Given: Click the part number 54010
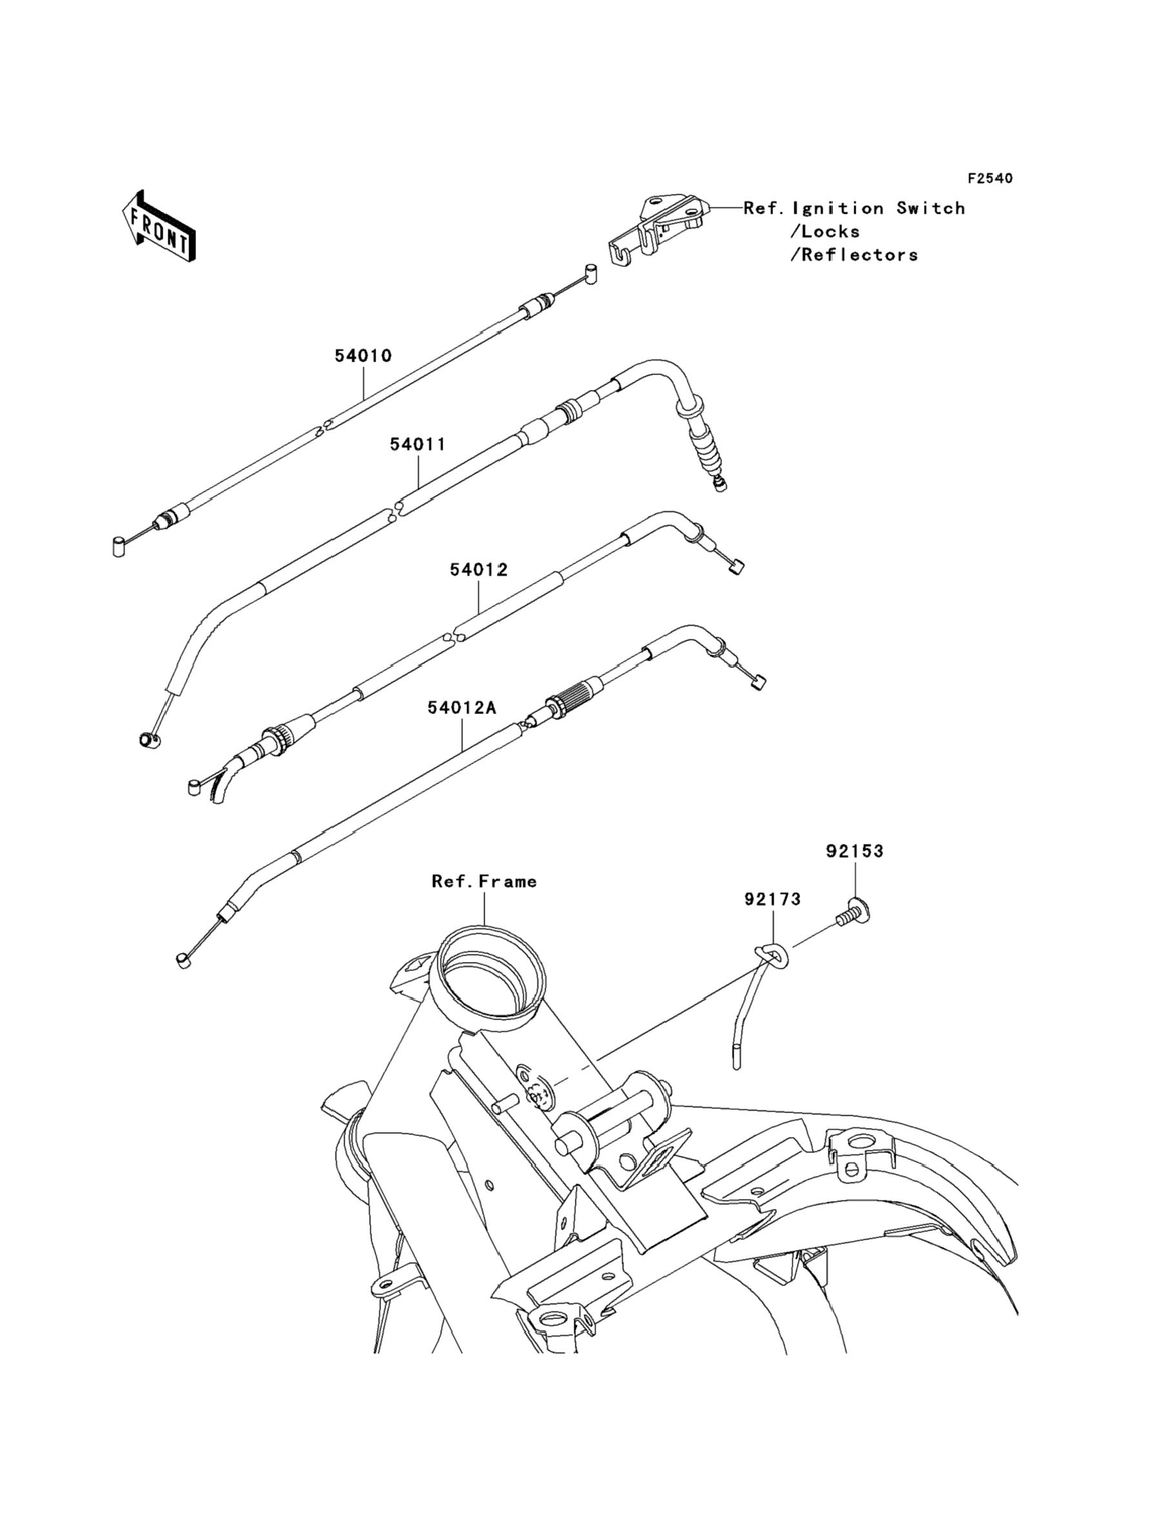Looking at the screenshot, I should pos(363,356).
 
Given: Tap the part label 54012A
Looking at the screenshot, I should pos(461,708).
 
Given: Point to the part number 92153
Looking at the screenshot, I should pos(854,851).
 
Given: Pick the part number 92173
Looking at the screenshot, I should pos(772,899).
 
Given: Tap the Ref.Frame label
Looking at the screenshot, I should pos(485,882).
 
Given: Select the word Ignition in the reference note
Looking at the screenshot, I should pos(838,209).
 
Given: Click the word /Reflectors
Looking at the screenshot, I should pos(854,255).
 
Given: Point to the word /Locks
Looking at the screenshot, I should pos(825,232).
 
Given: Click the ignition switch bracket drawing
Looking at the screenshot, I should pos(658,228).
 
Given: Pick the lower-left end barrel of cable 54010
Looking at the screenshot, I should pos(119,546).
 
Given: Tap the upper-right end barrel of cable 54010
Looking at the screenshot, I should pos(590,272).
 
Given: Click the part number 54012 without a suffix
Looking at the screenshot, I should pos(479,570).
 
